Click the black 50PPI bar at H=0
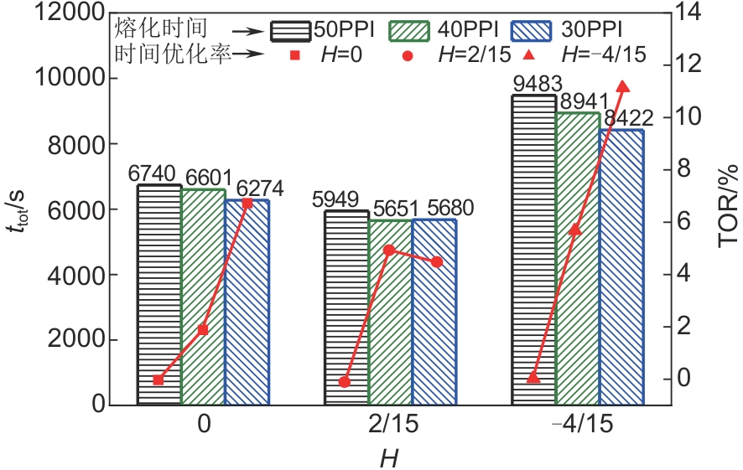click(159, 293)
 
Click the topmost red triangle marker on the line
click(622, 86)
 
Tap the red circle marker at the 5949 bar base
click(345, 382)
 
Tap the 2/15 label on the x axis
click(387, 425)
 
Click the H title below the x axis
click(388, 457)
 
